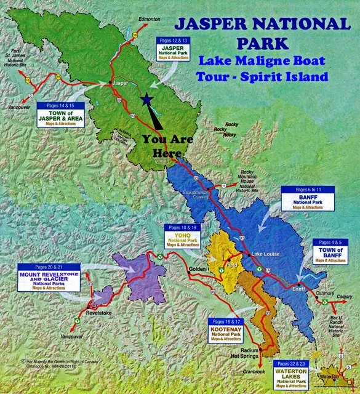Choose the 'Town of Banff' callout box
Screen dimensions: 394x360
(x=332, y=251)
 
